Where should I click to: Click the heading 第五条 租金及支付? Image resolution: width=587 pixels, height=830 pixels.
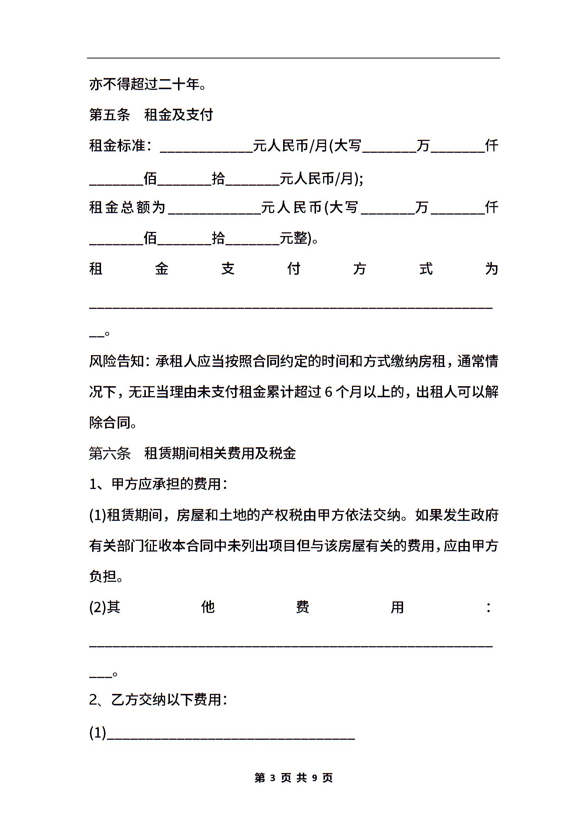point(151,115)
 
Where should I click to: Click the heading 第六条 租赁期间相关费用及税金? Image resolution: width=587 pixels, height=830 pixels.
point(192,453)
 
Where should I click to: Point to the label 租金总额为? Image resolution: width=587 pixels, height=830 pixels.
point(127,207)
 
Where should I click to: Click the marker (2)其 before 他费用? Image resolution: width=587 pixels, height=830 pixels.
point(105,607)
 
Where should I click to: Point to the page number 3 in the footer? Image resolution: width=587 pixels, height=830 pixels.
point(273,778)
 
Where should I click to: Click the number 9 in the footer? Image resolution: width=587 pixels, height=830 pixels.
point(315,778)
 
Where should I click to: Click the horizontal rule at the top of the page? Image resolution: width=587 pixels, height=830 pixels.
point(293,58)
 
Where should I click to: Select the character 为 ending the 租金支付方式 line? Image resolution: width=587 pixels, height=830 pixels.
point(492,269)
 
